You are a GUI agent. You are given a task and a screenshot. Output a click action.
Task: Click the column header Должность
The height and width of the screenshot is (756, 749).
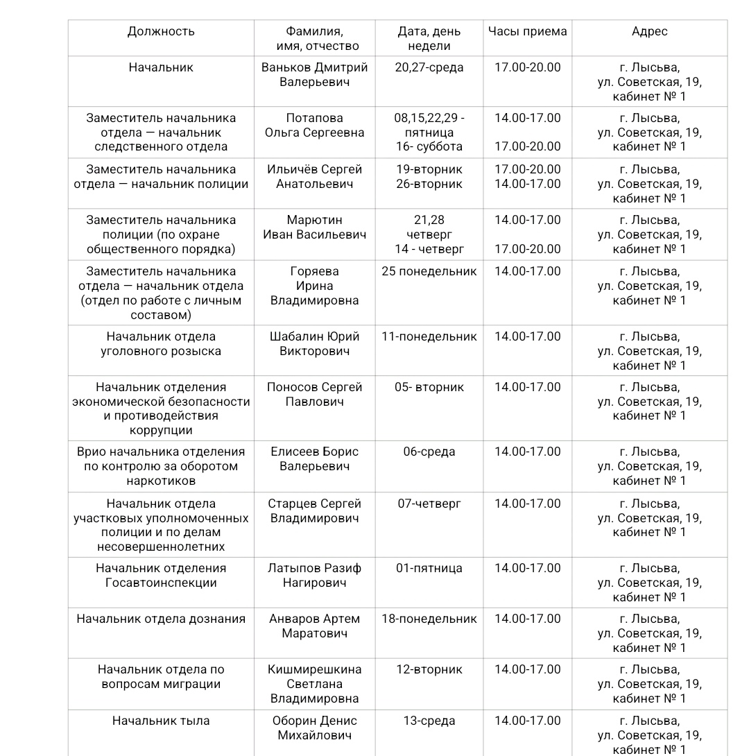pos(161,31)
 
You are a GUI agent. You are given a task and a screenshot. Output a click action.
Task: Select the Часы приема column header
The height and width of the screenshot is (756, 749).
pos(527,31)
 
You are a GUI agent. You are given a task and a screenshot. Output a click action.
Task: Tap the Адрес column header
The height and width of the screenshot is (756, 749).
pos(649,31)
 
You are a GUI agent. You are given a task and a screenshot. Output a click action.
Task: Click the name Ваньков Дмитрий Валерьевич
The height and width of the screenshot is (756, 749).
pos(314,75)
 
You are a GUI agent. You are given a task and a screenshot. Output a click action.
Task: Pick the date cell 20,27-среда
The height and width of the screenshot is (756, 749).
pos(429,68)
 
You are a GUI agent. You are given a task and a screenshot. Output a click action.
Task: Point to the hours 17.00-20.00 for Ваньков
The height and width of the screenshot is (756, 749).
pos(527,68)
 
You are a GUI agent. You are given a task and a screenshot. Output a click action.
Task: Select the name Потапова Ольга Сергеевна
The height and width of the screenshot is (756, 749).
pos(314,126)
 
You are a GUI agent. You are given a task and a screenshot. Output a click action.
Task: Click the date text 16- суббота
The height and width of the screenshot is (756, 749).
pos(429,147)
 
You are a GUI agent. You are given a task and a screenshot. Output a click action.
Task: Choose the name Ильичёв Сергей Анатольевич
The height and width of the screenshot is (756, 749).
pos(314,177)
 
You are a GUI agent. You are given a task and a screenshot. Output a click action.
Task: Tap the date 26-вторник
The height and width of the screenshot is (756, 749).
pos(429,184)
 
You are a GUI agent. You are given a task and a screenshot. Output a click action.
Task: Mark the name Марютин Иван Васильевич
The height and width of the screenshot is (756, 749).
pos(314,227)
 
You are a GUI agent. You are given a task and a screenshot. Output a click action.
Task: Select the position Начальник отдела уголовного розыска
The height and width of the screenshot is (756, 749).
pos(161,344)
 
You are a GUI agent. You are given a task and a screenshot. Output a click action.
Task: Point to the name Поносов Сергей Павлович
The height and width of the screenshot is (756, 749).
pos(314,395)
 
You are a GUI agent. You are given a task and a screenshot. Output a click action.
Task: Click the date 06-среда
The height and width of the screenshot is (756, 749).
pos(429,452)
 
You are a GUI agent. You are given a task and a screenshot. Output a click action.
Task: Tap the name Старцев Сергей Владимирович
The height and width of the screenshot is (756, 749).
pos(314,511)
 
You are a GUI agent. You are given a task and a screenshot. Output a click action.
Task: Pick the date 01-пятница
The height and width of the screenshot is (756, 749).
pos(429,569)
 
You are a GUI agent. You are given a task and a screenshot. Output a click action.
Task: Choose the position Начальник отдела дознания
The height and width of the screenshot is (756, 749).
pos(161,619)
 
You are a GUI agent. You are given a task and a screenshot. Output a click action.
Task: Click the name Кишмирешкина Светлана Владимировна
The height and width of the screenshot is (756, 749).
pos(314,684)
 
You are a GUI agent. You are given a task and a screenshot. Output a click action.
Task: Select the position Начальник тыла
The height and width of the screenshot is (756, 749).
pos(161,721)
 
